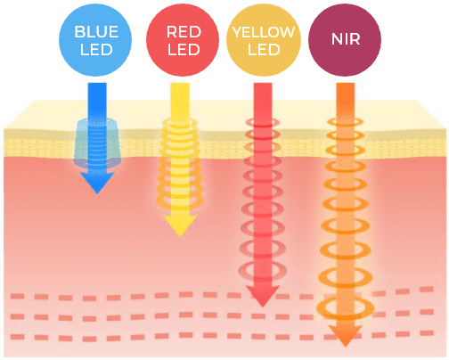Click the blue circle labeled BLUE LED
(x=95, y=40)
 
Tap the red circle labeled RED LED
(x=183, y=40)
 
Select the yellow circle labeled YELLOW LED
(x=264, y=40)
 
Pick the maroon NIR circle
(x=345, y=40)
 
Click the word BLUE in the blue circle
(x=96, y=32)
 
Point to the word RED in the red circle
(x=184, y=32)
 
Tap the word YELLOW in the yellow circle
(x=264, y=32)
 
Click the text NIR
(x=346, y=39)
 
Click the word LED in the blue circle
(x=96, y=50)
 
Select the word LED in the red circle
(x=184, y=50)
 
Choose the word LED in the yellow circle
(x=264, y=50)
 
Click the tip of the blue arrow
(x=97, y=193)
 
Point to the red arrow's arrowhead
(x=263, y=296)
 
